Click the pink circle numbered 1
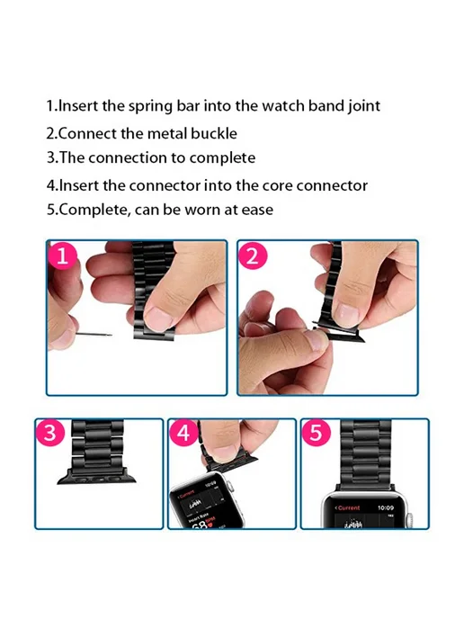tap(62, 256)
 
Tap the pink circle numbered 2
tap(253, 256)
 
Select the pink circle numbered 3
tap(50, 433)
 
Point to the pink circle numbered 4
tap(183, 433)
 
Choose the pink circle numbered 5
tap(317, 433)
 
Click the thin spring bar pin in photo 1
tap(94, 336)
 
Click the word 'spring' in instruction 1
tap(151, 106)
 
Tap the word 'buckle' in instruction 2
tap(214, 133)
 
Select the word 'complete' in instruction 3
tap(222, 158)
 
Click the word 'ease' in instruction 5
tap(257, 210)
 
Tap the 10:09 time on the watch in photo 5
tap(386, 507)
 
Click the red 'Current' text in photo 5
tap(348, 507)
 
